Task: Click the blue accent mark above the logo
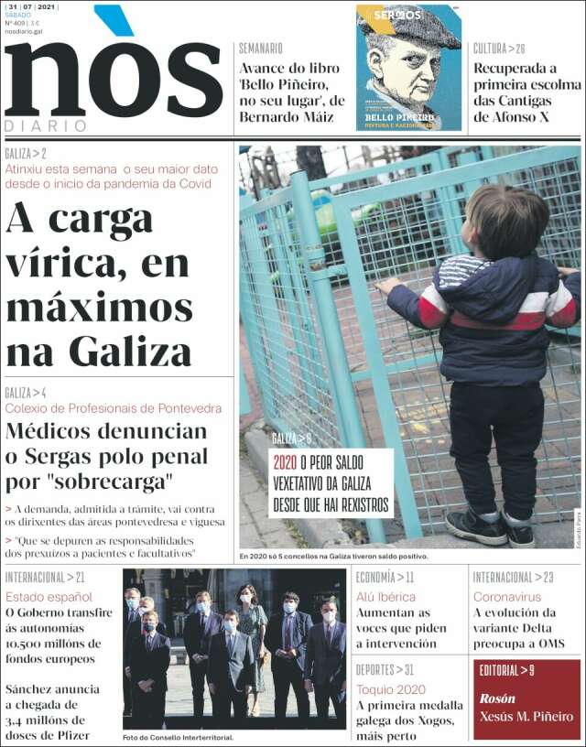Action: pos(113,19)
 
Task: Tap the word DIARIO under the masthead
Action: pos(46,125)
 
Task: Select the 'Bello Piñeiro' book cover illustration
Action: pos(408,68)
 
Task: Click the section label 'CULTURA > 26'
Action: pos(499,49)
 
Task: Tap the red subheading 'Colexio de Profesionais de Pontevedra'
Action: pos(114,407)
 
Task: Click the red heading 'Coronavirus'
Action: pos(507,597)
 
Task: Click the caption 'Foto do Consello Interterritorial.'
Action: pos(179,738)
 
